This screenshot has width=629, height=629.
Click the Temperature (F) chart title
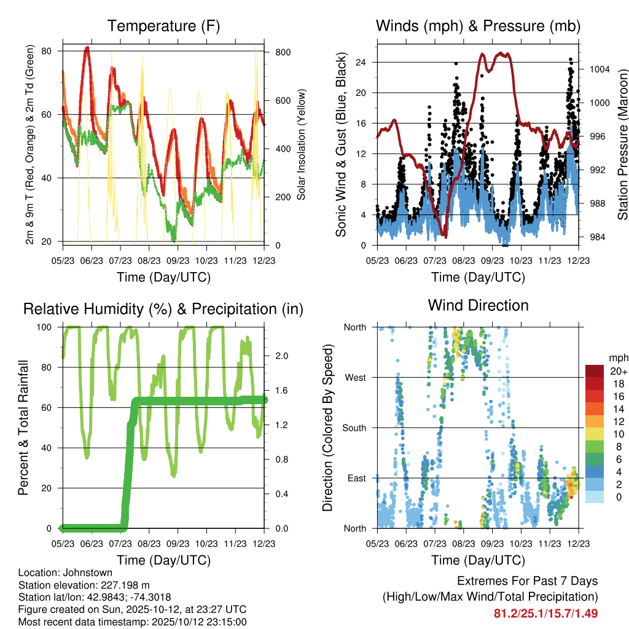pyautogui.click(x=163, y=26)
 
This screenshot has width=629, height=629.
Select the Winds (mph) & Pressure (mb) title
pyautogui.click(x=478, y=26)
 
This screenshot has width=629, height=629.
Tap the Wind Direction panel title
pyautogui.click(x=478, y=305)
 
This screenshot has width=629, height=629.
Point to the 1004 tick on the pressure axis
pyautogui.click(x=598, y=69)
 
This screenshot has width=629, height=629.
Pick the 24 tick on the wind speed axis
pyautogui.click(x=361, y=62)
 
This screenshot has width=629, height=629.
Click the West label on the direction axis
pyautogui.click(x=355, y=377)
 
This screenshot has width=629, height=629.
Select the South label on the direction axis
pyautogui.click(x=353, y=428)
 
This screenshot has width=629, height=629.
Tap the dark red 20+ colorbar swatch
pyautogui.click(x=594, y=372)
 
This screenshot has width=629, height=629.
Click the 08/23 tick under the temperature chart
pyautogui.click(x=149, y=261)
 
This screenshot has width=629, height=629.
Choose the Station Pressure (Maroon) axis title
pyautogui.click(x=622, y=146)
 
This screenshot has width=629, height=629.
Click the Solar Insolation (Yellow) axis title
pyautogui.click(x=302, y=144)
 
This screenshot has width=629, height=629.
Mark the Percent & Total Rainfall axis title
pyautogui.click(x=23, y=428)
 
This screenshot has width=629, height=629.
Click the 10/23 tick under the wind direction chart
pyautogui.click(x=522, y=544)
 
